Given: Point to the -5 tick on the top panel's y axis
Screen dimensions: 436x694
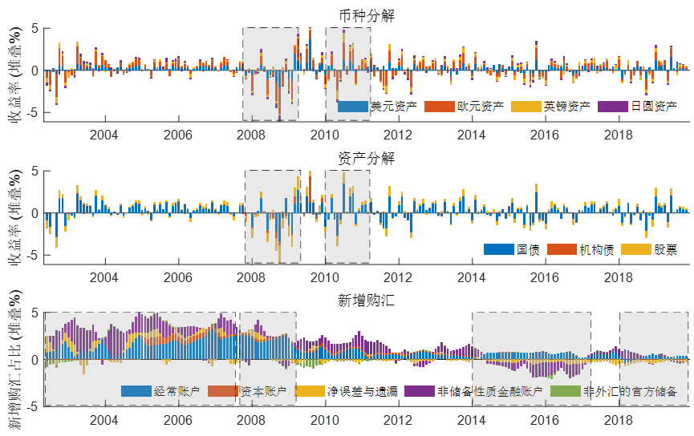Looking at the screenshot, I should tap(34, 113).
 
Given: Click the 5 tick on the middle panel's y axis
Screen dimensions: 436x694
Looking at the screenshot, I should tap(36, 171).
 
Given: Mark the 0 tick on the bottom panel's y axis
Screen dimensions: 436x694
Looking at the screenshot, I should tap(36, 360).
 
